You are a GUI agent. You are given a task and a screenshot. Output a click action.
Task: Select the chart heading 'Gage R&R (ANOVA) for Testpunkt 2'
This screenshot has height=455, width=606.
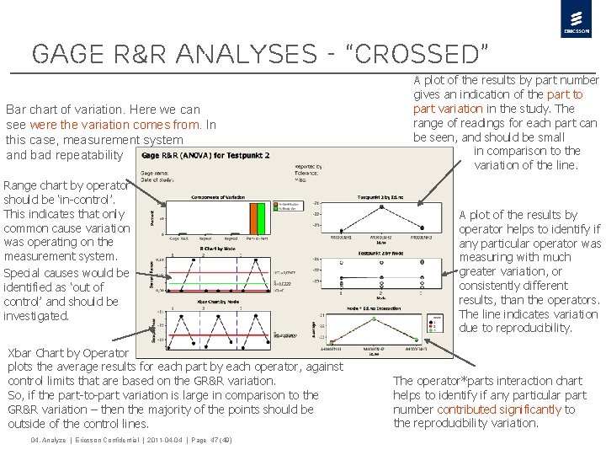tap(206, 156)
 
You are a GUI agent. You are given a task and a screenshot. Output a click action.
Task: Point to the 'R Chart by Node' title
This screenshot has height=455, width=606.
tap(217, 249)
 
